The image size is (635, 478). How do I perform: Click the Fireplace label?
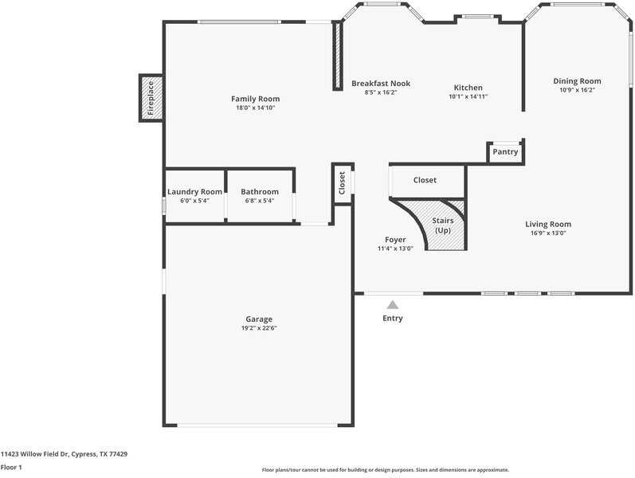[151, 98]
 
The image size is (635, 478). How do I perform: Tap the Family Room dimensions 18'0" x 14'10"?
[256, 108]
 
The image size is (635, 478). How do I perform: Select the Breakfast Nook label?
[381, 84]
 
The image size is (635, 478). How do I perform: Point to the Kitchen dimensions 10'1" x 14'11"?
[468, 96]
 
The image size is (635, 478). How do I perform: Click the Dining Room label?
[577, 81]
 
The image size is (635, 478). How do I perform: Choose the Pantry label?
[505, 151]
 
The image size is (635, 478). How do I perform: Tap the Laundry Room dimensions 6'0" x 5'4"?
[194, 201]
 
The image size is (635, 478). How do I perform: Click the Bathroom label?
[260, 192]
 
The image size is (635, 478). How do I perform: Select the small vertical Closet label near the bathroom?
[342, 183]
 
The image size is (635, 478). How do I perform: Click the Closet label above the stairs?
[425, 180]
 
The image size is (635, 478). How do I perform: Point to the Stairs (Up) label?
[443, 225]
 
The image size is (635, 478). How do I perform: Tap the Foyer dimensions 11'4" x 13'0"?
[395, 249]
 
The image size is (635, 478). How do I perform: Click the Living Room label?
[548, 224]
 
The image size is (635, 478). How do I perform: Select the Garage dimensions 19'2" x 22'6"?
[259, 328]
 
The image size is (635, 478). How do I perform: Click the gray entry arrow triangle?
[393, 304]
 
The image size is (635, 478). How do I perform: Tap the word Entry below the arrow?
[393, 319]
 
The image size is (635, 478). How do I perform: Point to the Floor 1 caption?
[11, 467]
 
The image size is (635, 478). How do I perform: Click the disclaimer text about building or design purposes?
[385, 470]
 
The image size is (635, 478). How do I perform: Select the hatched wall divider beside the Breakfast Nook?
[337, 56]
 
